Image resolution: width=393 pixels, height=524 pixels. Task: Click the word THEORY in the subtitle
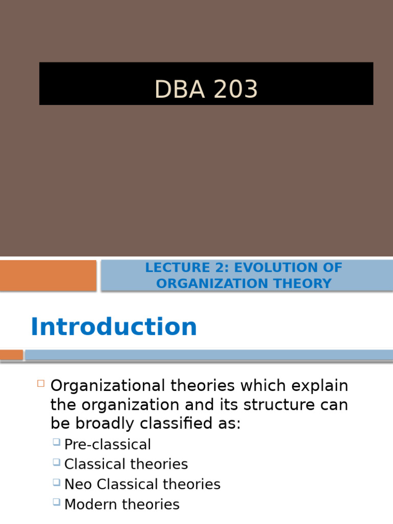point(304,283)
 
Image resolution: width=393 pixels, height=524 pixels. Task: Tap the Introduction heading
point(114,327)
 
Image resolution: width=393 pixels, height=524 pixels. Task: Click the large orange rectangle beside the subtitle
point(48,275)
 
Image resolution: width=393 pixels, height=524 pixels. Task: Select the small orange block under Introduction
point(11,355)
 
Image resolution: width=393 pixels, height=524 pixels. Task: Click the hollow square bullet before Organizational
point(41,383)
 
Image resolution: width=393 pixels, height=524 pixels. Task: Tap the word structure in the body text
point(274,405)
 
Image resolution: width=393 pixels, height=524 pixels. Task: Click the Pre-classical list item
point(107,444)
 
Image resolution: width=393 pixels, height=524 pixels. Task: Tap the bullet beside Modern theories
point(57,502)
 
